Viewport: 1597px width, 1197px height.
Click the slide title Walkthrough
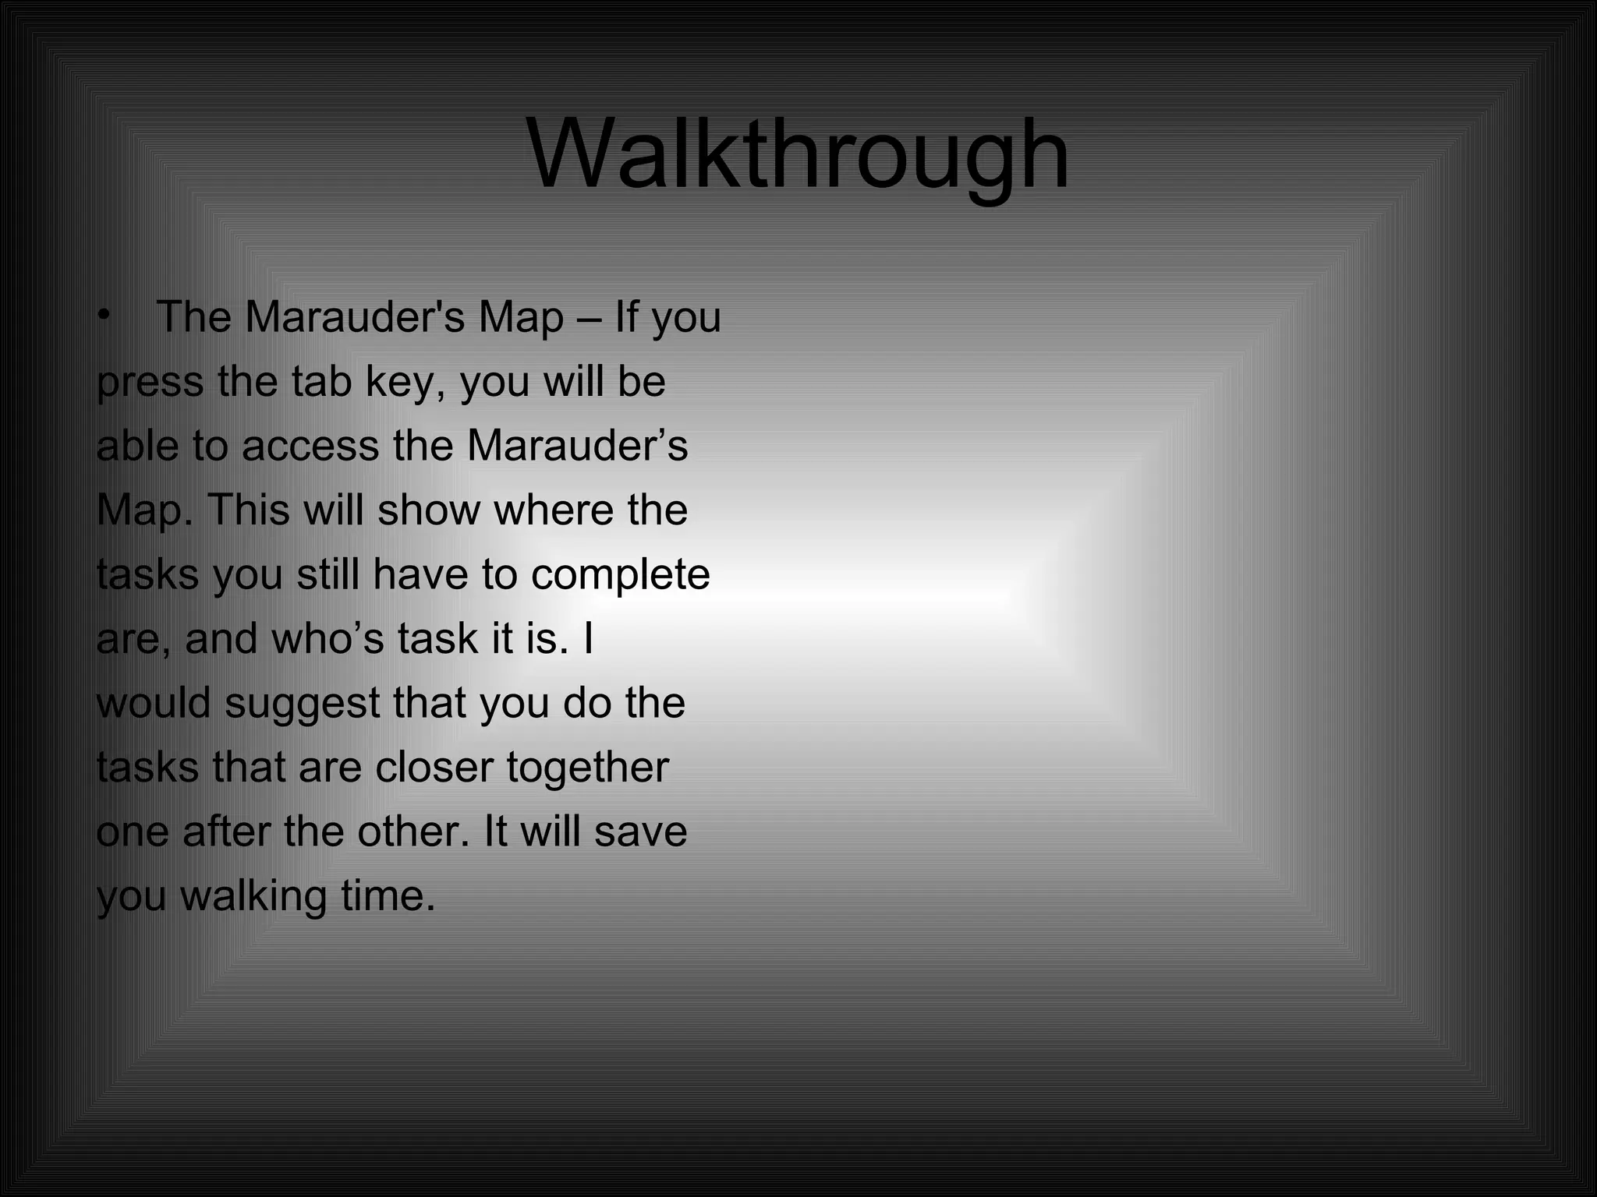798,156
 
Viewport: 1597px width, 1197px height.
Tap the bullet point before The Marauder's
104,316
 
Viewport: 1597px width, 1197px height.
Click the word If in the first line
626,317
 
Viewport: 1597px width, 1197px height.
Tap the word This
248,510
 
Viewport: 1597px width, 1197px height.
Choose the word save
640,832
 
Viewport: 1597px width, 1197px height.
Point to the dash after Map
590,319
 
